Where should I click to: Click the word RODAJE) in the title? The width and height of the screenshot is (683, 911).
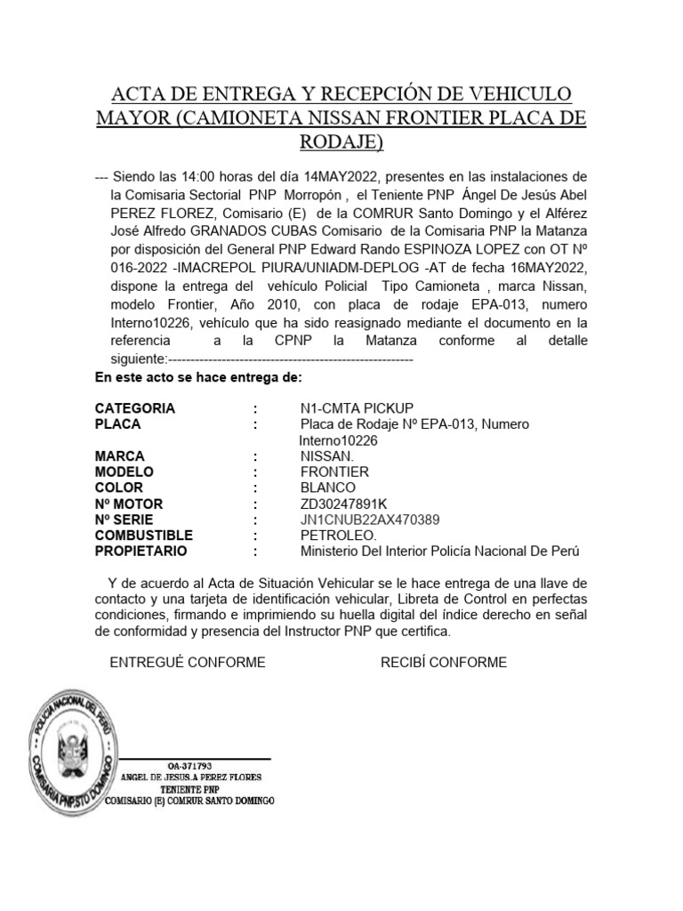341,142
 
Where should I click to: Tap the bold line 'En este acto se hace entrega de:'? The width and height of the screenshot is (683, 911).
198,377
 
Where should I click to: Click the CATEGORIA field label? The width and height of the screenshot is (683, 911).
135,408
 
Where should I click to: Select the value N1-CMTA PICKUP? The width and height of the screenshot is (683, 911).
357,408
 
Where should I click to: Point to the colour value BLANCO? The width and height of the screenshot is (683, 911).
327,488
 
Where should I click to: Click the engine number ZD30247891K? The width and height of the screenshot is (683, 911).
345,504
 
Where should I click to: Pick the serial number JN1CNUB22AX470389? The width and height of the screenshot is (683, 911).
369,520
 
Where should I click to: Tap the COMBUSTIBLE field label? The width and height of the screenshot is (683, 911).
143,536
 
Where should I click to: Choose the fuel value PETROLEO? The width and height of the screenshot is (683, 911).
338,536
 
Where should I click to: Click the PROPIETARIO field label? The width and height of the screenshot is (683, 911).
141,552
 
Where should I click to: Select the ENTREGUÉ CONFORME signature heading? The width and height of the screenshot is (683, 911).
188,663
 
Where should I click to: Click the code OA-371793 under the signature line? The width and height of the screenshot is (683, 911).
189,766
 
